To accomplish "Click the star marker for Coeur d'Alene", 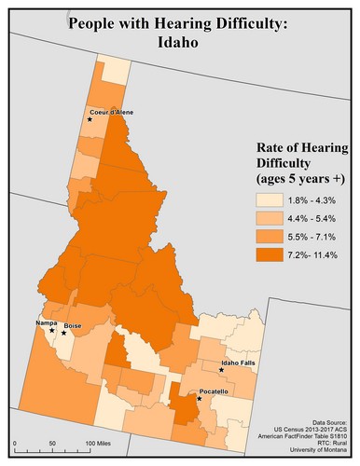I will (x=90, y=119).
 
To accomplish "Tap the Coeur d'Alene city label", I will (x=113, y=112).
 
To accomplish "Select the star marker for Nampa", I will (x=51, y=330).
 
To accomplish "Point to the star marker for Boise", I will (x=64, y=333).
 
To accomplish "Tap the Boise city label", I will (x=76, y=326).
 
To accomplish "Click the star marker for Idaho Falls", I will (x=221, y=369).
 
